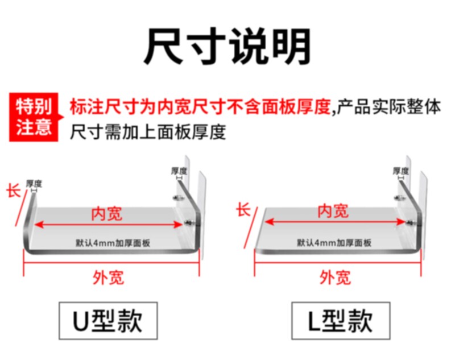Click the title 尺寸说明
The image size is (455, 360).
(x=227, y=45)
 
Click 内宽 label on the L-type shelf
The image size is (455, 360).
(x=333, y=210)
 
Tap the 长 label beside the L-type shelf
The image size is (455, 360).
(x=243, y=210)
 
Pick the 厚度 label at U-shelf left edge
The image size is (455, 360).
(x=34, y=184)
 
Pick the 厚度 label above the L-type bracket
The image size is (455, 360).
(x=401, y=171)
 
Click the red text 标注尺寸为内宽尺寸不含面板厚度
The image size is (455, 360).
(x=200, y=107)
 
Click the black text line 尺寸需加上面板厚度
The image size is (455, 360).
(x=148, y=132)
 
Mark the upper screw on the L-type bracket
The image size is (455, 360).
(x=400, y=197)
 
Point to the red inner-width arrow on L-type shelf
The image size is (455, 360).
(x=333, y=222)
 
